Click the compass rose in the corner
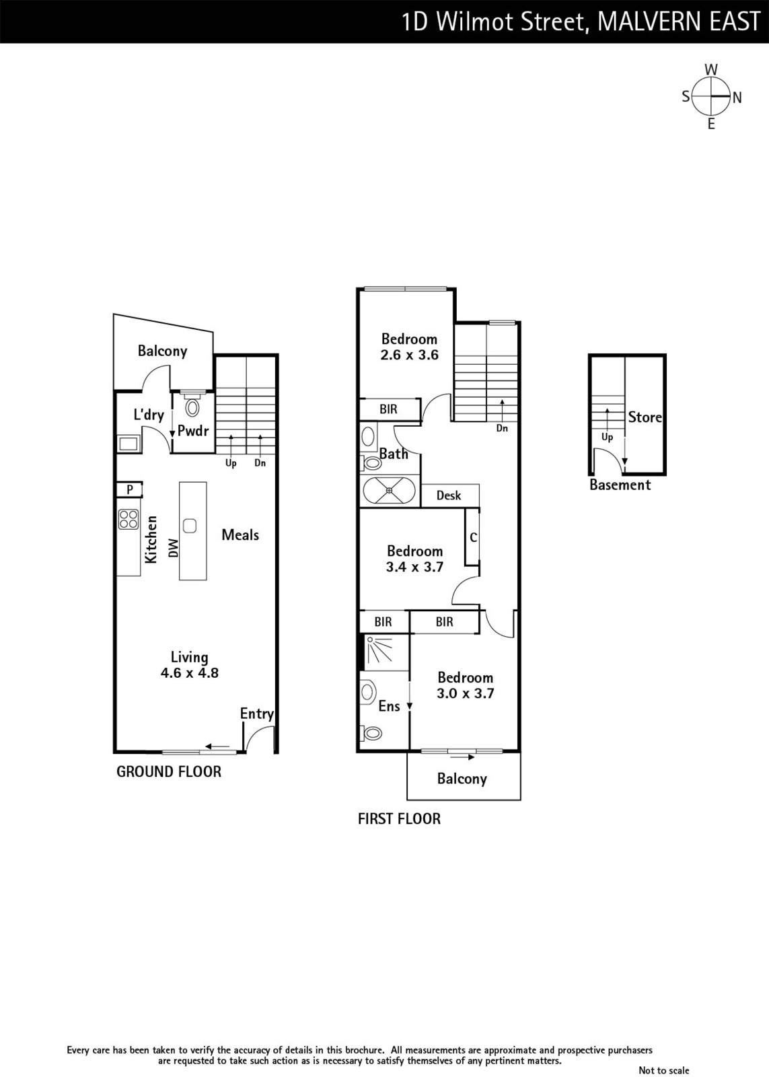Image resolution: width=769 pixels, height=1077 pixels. [x=711, y=97]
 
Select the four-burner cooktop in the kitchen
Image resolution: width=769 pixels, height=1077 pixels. [x=129, y=519]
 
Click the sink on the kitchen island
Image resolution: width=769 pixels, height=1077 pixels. [x=190, y=526]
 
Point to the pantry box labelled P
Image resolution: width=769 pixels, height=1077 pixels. [x=129, y=489]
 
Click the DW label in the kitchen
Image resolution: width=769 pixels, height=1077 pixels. [x=174, y=548]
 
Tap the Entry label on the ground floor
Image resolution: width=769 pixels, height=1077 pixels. [x=256, y=714]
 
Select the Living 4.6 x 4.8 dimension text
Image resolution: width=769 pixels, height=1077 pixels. [x=189, y=664]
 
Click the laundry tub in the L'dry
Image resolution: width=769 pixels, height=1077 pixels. [x=129, y=444]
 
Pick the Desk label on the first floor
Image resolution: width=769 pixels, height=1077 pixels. [x=449, y=495]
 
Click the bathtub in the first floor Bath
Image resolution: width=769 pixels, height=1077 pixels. [x=389, y=491]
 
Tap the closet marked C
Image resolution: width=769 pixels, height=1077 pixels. [x=472, y=536]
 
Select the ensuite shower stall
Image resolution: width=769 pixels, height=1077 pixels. [x=386, y=652]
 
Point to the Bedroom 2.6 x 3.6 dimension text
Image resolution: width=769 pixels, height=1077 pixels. [x=410, y=347]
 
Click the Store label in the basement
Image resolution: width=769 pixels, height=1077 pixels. [x=645, y=417]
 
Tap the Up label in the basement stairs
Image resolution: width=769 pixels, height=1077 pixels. [x=607, y=438]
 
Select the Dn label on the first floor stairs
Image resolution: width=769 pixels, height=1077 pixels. [x=502, y=428]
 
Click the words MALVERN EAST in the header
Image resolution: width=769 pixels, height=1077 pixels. [x=679, y=22]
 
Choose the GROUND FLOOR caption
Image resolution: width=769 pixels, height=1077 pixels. [x=169, y=771]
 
